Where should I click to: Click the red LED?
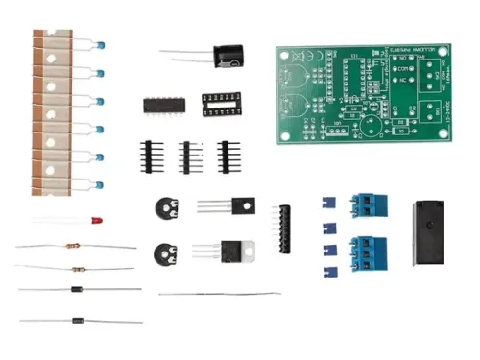coord(97,221)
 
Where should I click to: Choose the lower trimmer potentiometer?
coord(165,254)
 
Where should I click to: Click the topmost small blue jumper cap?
coord(326,203)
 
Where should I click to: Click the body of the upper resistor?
coord(73,246)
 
